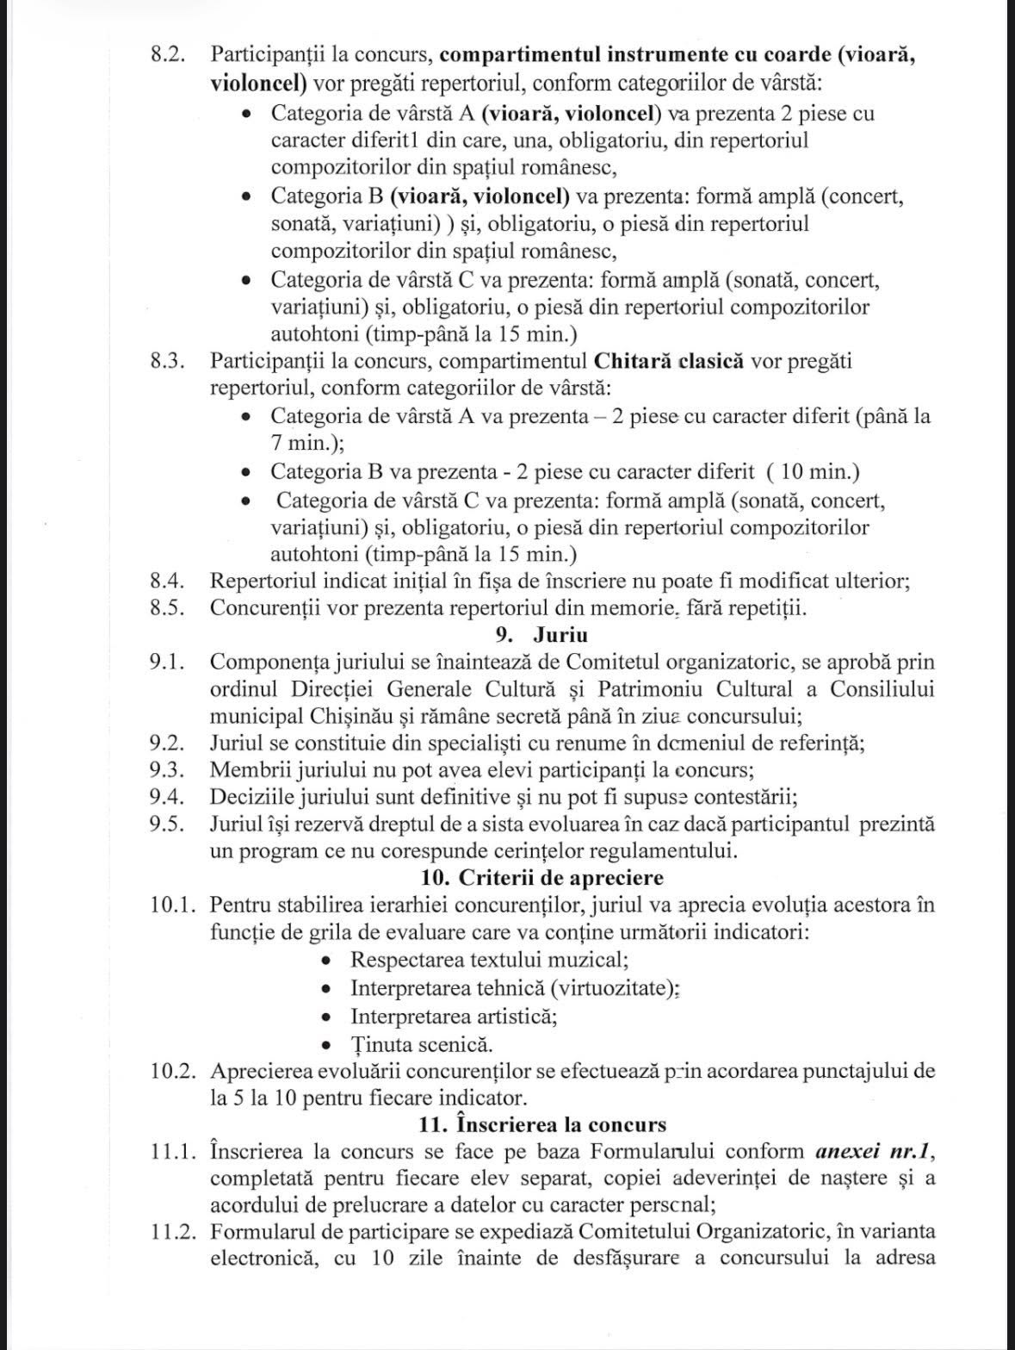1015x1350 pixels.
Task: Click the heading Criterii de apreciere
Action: point(561,878)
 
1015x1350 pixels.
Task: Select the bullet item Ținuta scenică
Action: point(422,1044)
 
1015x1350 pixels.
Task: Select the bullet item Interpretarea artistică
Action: point(453,1016)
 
